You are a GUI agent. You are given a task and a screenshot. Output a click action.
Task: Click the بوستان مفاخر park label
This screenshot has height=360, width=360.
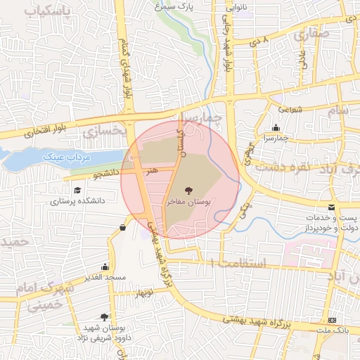pos(188,201)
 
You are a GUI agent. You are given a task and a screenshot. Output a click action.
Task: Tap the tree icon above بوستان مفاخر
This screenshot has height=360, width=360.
pos(188,190)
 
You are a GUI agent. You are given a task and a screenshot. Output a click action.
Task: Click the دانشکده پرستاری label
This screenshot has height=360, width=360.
pos(77,200)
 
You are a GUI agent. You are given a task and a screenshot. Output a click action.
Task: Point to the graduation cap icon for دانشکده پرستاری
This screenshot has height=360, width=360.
pos(77,191)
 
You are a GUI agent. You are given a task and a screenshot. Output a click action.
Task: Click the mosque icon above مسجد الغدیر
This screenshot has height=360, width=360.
pos(105,267)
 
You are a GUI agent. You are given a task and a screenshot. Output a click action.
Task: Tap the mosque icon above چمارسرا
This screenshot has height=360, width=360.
pos(275,128)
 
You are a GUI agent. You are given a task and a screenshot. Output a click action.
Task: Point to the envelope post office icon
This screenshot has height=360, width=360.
pos(331,207)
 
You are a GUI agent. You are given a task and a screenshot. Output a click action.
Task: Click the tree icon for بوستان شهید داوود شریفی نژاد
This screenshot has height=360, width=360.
pos(105,317)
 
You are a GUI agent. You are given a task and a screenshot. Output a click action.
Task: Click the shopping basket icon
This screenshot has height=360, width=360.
pos(123,227)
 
